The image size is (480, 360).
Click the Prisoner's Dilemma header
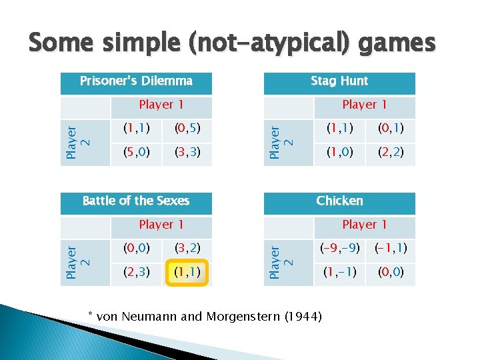point(136,81)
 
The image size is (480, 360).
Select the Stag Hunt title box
point(339,81)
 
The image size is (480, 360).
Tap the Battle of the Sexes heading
point(136,201)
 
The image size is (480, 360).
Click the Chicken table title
point(339,201)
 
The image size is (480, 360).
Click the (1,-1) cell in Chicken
point(340,273)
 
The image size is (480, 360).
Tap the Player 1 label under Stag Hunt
point(364,105)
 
